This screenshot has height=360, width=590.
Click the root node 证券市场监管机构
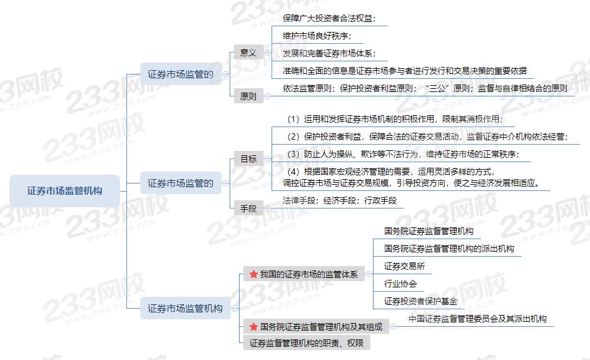point(64,191)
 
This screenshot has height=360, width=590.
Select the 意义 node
point(248,53)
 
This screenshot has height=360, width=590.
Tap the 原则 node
point(248,96)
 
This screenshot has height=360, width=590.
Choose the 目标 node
point(248,159)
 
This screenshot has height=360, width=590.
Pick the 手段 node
point(248,208)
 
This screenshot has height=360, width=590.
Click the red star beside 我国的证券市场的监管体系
point(253,274)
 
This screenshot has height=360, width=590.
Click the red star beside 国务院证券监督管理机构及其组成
point(253,326)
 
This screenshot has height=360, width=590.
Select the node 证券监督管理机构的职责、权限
point(307,343)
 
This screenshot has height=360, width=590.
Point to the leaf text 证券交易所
point(404,266)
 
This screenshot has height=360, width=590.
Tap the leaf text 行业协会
point(400,284)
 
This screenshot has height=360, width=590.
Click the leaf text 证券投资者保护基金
point(420,301)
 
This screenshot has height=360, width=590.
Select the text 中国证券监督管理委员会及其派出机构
point(477,319)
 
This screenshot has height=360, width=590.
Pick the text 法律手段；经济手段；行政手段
point(340,200)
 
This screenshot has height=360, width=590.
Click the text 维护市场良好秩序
point(317,36)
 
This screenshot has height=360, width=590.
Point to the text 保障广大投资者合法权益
point(329,18)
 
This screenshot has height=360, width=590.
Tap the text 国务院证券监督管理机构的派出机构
point(449,249)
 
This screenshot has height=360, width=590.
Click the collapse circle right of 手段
point(267,208)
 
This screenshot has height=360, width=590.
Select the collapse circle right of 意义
point(267,53)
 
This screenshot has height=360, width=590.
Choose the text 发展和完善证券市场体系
point(329,53)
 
